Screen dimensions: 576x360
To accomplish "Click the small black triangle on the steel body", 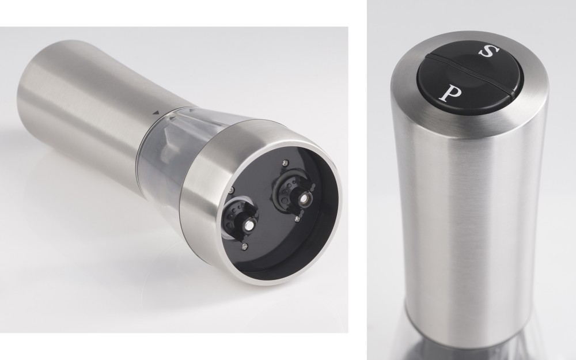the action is pyautogui.click(x=156, y=113).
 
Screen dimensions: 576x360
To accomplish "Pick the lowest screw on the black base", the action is pyautogui.click(x=244, y=247).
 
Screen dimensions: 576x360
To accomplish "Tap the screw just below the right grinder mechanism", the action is pyautogui.click(x=297, y=219).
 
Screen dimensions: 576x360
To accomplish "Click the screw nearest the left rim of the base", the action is pyautogui.click(x=232, y=190).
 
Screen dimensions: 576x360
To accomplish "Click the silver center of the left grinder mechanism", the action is pyautogui.click(x=249, y=225).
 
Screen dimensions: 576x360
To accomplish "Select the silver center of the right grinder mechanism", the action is pyautogui.click(x=304, y=199).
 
